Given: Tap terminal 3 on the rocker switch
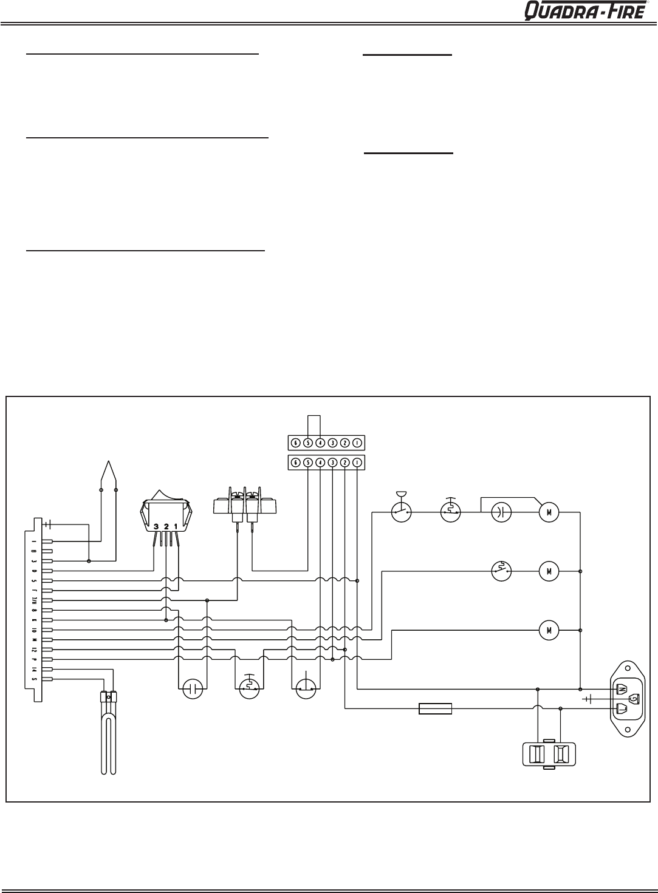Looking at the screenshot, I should (x=156, y=526).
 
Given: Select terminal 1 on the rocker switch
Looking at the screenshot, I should (x=176, y=526).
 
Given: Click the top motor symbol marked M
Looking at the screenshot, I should (x=549, y=512).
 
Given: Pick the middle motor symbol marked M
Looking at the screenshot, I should (x=549, y=571).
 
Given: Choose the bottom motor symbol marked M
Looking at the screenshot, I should (x=549, y=630).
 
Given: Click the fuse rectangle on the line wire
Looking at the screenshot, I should (x=435, y=708).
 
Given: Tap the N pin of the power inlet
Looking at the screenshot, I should (x=621, y=689).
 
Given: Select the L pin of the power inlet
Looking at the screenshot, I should (x=621, y=708).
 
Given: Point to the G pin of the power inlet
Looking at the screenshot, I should (x=634, y=699).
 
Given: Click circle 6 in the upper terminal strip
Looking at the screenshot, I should (x=295, y=443).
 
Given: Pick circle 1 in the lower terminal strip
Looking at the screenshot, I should (x=357, y=463).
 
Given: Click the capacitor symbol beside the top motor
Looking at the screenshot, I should (x=499, y=512).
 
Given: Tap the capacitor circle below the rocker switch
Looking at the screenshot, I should (x=193, y=688).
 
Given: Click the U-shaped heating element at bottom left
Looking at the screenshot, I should (x=108, y=735).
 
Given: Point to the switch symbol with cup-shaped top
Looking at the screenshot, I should (x=401, y=512).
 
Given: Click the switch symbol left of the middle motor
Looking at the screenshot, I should (x=501, y=571).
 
